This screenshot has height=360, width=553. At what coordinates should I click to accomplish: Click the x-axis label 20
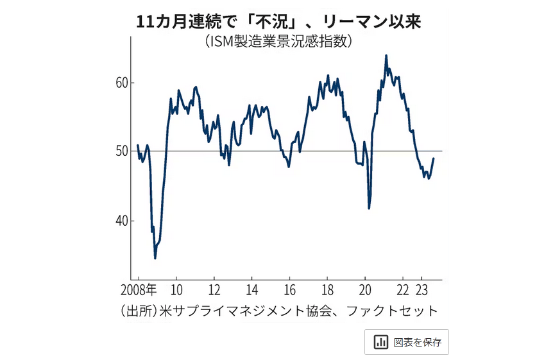pos(365,287)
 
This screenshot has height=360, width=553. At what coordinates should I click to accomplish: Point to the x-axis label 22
pos(403,287)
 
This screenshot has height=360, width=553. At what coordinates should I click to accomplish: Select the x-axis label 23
pos(422,287)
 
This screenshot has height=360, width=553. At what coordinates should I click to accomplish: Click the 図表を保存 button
pos(407,342)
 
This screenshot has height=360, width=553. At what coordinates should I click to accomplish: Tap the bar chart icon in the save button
pos(380,342)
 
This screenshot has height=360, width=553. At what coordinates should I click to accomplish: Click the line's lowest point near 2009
pos(155,258)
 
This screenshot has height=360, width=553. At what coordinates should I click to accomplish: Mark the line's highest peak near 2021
pos(386,56)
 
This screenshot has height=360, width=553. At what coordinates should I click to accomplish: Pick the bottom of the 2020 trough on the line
pos(369,208)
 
